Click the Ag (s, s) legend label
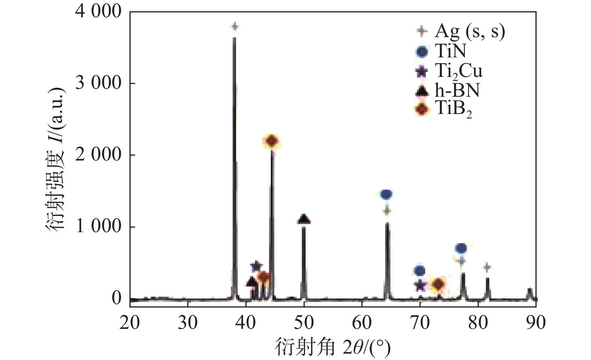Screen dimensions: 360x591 click(x=470, y=31)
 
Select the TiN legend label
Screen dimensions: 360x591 click(x=451, y=51)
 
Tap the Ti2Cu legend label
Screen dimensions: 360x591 click(x=459, y=71)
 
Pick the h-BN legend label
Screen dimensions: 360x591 click(x=457, y=90)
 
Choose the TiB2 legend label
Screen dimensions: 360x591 click(x=453, y=109)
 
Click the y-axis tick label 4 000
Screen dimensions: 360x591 click(x=98, y=12)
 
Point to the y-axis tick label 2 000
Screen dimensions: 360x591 click(x=98, y=154)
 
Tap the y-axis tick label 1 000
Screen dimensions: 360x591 click(x=98, y=226)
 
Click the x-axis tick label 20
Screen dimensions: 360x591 click(x=130, y=322)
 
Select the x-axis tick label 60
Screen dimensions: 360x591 click(x=362, y=322)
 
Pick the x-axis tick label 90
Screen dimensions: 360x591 click(x=535, y=322)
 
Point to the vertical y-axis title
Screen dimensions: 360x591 click(x=56, y=159)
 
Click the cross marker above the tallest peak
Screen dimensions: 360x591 click(x=235, y=27)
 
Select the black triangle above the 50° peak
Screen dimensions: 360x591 click(x=304, y=219)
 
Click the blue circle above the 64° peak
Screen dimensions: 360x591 click(x=386, y=194)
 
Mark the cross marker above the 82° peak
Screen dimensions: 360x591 click(x=487, y=267)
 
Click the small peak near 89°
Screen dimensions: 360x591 click(x=529, y=293)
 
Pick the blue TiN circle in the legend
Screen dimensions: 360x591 click(x=422, y=52)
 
